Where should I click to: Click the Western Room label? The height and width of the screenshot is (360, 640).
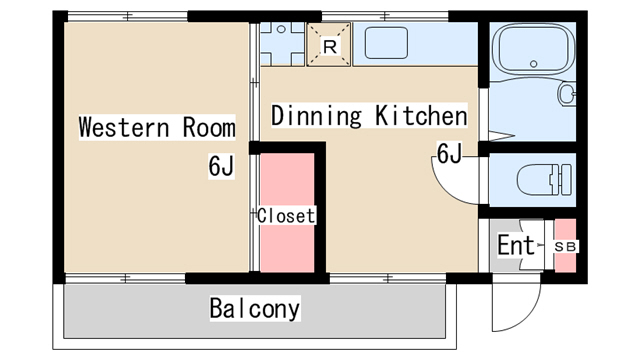click(x=157, y=127)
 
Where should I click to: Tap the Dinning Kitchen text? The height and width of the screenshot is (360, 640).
click(x=369, y=116)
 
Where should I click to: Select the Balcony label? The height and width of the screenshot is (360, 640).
click(x=255, y=309)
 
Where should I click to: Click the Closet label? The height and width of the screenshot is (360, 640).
click(x=286, y=216)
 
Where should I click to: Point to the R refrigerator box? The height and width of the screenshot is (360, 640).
click(x=329, y=44)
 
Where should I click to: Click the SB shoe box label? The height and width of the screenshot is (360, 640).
click(x=565, y=247)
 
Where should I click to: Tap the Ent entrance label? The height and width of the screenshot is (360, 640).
click(x=516, y=245)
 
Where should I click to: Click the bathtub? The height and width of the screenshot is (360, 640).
click(x=533, y=50)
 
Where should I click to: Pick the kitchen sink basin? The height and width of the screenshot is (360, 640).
click(x=386, y=43)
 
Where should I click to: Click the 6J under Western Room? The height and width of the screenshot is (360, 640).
click(x=221, y=166)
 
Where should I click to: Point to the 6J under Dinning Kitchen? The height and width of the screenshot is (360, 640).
click(x=449, y=153)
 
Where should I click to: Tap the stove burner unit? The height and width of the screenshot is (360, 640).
click(x=282, y=44)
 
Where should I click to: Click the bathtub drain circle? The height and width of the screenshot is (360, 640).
click(x=533, y=64)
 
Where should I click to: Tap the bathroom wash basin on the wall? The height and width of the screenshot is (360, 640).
click(x=567, y=94)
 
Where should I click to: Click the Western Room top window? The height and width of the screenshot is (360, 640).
click(x=127, y=17)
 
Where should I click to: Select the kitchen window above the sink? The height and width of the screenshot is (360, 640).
click(x=385, y=17)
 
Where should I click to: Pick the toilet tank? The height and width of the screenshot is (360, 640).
click(x=566, y=180)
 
